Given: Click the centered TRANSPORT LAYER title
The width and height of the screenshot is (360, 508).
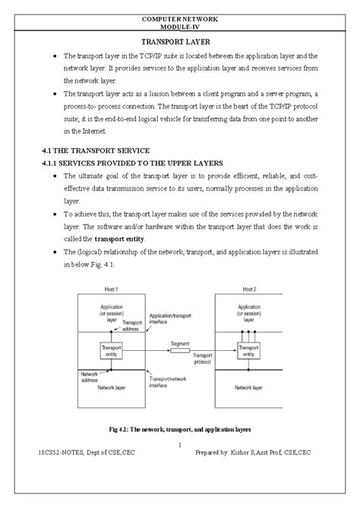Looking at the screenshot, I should (x=180, y=43).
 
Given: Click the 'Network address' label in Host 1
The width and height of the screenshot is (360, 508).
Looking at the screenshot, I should (x=89, y=377).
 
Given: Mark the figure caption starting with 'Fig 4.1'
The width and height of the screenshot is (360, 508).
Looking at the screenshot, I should (x=180, y=429).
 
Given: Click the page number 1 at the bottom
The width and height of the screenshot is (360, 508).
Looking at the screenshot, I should (x=180, y=444).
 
